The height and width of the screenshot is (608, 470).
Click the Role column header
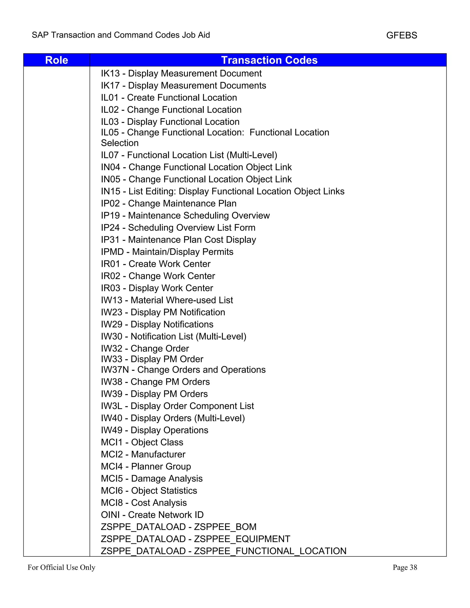[x=56, y=60]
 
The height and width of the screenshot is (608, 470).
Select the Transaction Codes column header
[x=269, y=60]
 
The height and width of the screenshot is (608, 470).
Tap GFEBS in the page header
[x=402, y=35]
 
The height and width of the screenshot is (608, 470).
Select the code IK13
[x=110, y=73]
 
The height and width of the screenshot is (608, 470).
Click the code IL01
[x=109, y=98]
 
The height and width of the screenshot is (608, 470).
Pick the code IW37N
[x=115, y=370]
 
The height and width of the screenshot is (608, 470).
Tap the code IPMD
[x=112, y=252]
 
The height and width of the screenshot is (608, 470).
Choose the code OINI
[x=110, y=515]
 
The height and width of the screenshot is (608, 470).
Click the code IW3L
[x=111, y=406]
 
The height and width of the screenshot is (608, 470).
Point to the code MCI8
[x=112, y=503]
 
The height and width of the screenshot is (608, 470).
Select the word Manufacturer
[x=158, y=454]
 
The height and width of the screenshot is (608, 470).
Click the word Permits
[x=218, y=252]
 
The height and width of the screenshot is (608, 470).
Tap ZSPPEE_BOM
[x=225, y=527]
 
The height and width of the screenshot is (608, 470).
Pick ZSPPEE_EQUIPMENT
[x=242, y=539]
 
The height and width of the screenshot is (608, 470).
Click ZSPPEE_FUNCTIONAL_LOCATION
[x=270, y=551]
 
